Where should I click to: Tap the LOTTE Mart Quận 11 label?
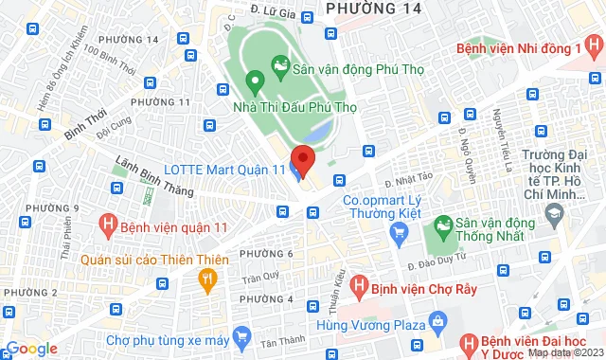(x=238, y=169)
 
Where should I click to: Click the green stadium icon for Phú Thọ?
(x=280, y=64)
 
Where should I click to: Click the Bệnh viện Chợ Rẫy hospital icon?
(x=358, y=283)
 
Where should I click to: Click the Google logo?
(x=31, y=349)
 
